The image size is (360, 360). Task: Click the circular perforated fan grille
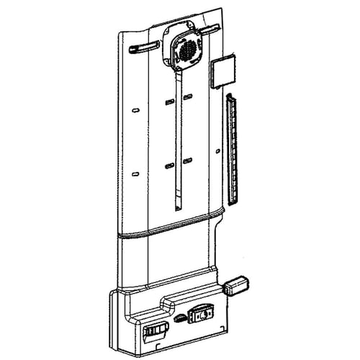click(186, 51)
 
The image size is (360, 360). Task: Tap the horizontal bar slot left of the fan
click(144, 48)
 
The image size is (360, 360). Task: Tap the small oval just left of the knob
click(179, 316)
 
